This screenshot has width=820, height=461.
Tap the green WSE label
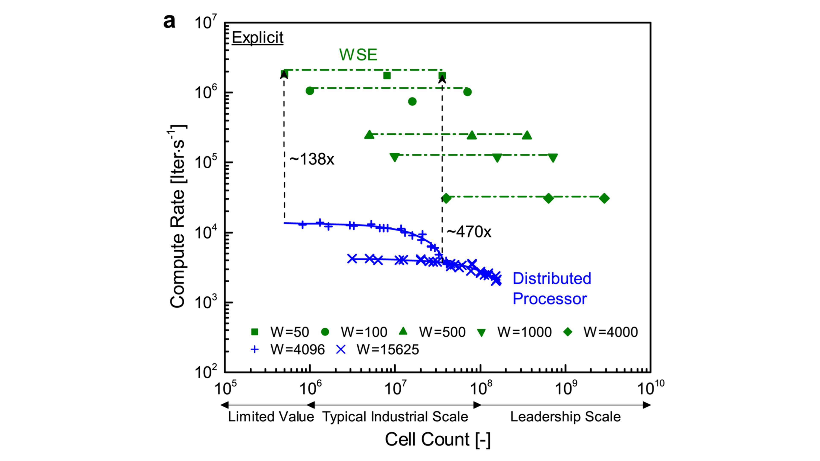coord(358,55)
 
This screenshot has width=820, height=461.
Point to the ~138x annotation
coord(312,159)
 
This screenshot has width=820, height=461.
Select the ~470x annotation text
coord(469,232)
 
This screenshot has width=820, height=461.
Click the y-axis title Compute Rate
coord(178,216)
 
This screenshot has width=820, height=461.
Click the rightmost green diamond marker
coord(604,198)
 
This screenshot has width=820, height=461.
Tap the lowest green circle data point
coord(412,102)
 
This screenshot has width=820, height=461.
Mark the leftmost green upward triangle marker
coord(369,135)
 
